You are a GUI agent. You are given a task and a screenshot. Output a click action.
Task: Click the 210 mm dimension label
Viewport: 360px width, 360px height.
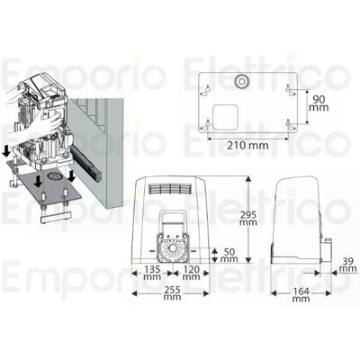247,146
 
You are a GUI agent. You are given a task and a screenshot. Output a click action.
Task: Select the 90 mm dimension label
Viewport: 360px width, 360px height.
319,103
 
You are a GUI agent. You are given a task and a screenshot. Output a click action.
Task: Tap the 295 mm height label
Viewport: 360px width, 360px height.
248,219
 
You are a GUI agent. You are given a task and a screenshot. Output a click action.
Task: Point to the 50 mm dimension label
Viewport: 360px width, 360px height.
229,255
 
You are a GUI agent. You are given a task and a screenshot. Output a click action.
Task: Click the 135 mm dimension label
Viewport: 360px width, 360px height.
152,274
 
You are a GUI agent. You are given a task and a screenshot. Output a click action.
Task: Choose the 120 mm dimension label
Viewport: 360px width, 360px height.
191,274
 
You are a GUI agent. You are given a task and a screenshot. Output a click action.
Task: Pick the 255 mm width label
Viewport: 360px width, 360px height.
172,293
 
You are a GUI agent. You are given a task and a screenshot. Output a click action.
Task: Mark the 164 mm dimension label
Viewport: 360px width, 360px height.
301,295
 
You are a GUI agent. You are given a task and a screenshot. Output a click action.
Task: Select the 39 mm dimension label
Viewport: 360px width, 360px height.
348,265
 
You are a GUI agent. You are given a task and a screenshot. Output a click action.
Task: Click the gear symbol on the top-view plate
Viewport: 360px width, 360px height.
240,81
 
